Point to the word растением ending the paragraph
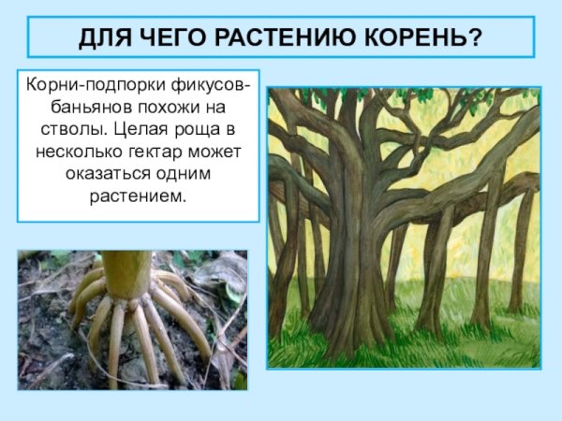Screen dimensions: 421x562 point(138,196)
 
